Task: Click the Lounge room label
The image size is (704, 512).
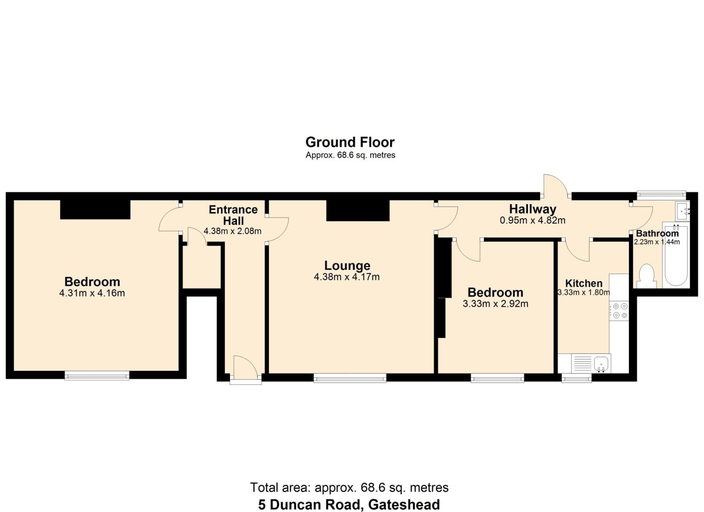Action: pyautogui.click(x=347, y=266)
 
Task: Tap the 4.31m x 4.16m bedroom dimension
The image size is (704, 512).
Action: pyautogui.click(x=92, y=293)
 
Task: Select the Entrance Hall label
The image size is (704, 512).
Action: pyautogui.click(x=233, y=215)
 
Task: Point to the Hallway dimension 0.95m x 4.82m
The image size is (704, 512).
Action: pyautogui.click(x=532, y=220)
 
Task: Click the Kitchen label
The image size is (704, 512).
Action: pyautogui.click(x=584, y=283)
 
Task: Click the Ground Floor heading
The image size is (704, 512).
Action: pyautogui.click(x=350, y=142)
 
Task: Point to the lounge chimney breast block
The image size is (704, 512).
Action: pyautogui.click(x=358, y=210)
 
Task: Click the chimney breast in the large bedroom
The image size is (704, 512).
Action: pyautogui.click(x=95, y=210)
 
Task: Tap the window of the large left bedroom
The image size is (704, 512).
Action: pyautogui.click(x=97, y=375)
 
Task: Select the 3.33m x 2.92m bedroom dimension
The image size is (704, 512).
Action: pyautogui.click(x=495, y=303)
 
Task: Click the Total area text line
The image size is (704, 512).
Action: pyautogui.click(x=349, y=488)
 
